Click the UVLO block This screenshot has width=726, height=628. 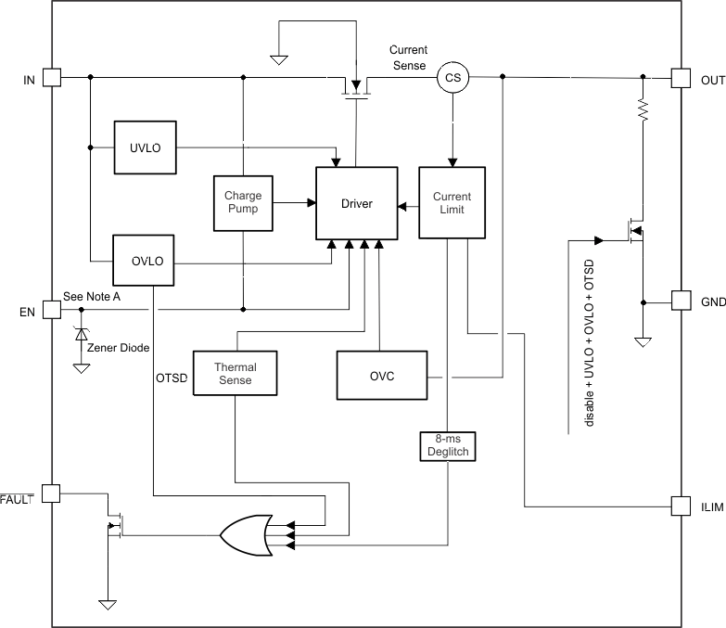click(x=146, y=147)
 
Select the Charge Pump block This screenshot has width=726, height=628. click(x=242, y=202)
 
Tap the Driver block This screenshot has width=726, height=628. click(x=357, y=203)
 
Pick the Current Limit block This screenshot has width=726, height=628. click(x=452, y=203)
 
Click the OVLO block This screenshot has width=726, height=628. click(x=146, y=261)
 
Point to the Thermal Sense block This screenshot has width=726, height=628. click(x=235, y=373)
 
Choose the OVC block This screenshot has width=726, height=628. click(x=383, y=374)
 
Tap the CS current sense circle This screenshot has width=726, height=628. click(x=452, y=78)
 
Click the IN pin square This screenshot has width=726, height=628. click(x=51, y=78)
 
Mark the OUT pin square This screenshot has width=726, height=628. click(x=681, y=78)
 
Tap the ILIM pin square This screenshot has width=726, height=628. click(x=681, y=506)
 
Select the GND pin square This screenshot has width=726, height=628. click(x=681, y=301)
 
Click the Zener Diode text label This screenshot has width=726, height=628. click(x=119, y=348)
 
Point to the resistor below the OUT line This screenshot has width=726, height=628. click(x=641, y=110)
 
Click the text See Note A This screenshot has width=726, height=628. click(x=92, y=297)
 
